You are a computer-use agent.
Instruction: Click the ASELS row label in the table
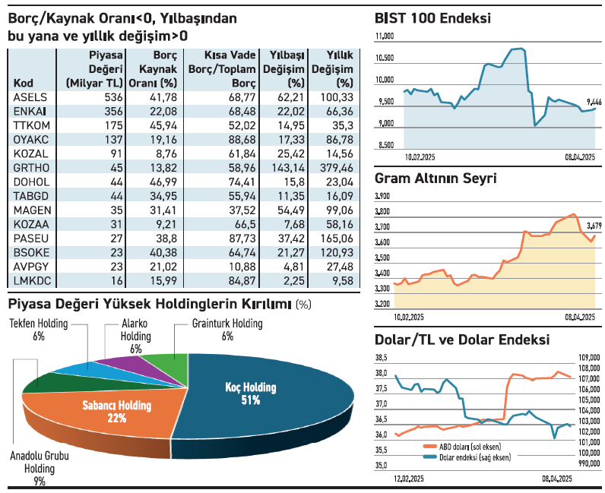tap(30, 97)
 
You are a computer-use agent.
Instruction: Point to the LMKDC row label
tap(31, 280)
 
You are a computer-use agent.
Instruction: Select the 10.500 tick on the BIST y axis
tap(385, 58)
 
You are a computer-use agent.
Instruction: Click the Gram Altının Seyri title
tap(436, 179)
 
